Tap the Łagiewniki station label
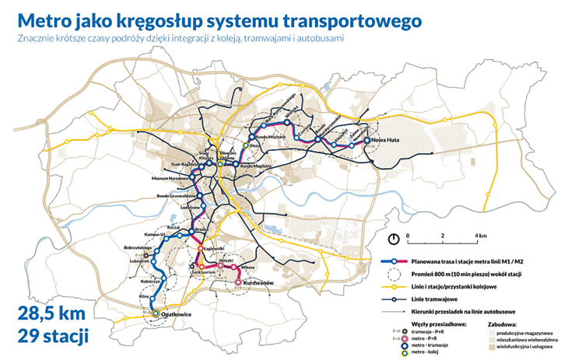point(214,248)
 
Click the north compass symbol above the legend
point(394,237)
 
